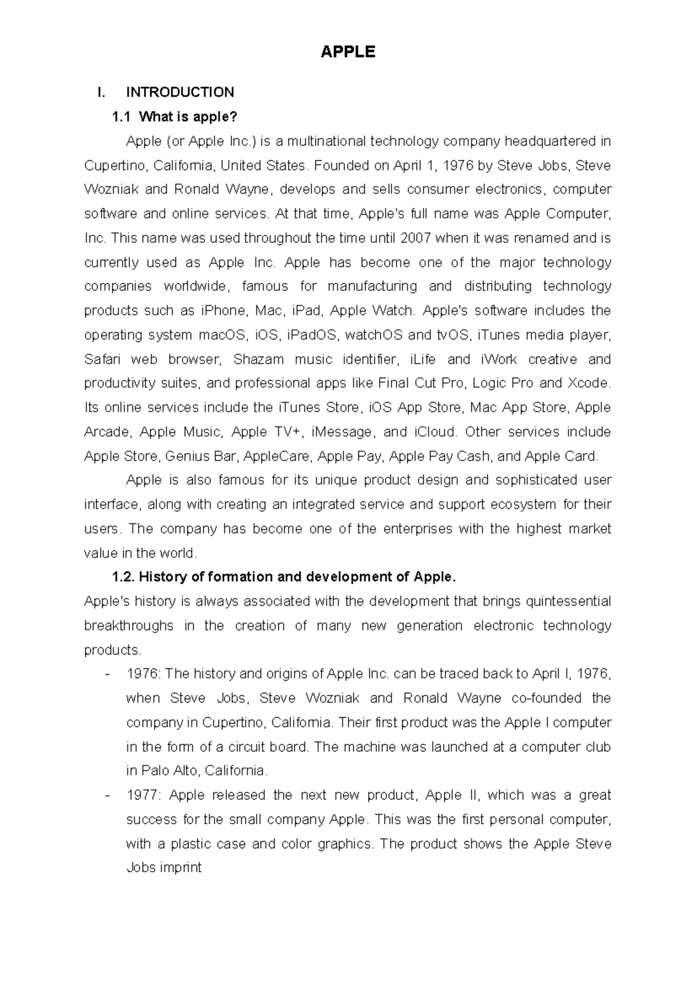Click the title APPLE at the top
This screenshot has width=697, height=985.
348,52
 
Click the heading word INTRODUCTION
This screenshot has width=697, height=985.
180,92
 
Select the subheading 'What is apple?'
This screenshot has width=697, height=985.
189,117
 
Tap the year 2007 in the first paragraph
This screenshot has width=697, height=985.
416,238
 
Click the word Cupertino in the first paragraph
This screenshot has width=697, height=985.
116,166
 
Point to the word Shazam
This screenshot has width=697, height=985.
258,360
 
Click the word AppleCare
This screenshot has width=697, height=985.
276,456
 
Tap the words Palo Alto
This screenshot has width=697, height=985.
168,771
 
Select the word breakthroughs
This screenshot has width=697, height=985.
128,625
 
